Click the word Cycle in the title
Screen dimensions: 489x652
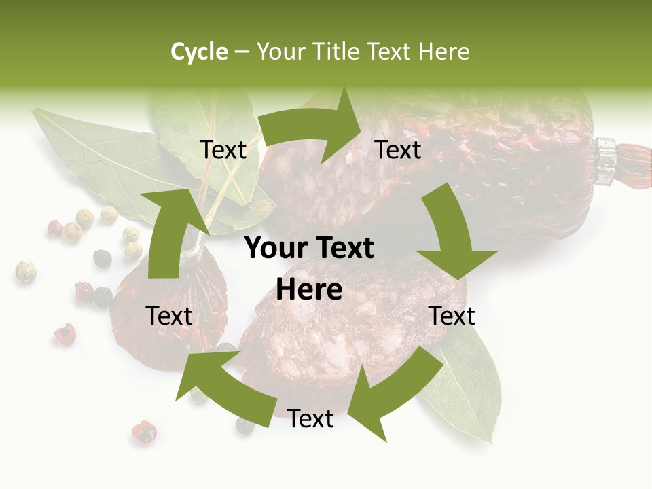point(199,52)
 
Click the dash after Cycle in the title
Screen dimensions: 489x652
point(242,52)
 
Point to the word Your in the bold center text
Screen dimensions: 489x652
point(276,249)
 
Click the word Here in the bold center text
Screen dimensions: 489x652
point(309,290)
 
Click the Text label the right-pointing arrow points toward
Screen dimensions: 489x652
point(398,149)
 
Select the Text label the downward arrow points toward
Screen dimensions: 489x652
point(452,316)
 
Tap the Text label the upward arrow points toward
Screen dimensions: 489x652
point(223,149)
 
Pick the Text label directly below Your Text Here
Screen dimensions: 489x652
point(310,418)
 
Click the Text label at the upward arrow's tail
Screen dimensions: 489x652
point(169,316)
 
